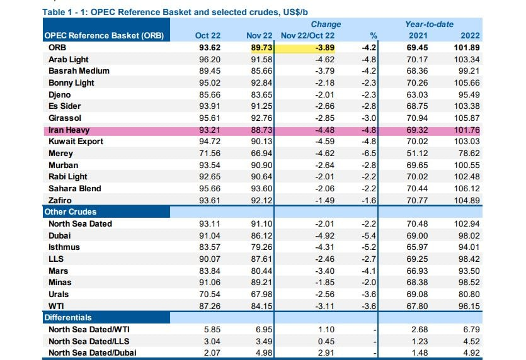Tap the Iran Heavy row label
coord(69,130)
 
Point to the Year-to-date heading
coord(428,24)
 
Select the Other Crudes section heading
coord(70,211)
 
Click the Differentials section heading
coord(67,318)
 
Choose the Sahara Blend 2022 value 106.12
coord(467,188)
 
